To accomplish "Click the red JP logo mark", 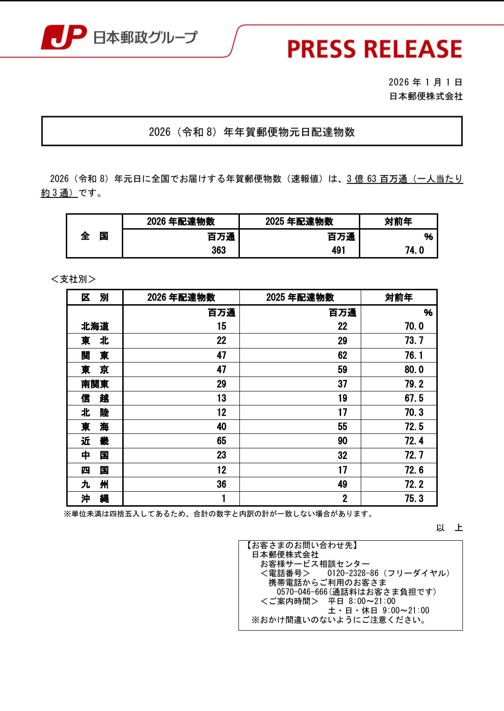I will point(64,37).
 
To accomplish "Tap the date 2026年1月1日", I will point(425,82).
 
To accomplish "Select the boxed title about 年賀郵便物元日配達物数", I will point(252,132).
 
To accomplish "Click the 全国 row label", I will point(94,236).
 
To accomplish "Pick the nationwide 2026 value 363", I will point(218,251).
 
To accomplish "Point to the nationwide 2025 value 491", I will point(338,251).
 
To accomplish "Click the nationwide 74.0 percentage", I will point(414,251).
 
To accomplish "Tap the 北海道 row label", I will point(95,326).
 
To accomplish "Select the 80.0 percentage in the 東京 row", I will point(414,369).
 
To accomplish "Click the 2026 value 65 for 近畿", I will point(221,441).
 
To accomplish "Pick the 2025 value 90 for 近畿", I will point(343,441).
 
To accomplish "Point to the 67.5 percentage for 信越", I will point(414,398).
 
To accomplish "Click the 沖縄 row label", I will point(95,499).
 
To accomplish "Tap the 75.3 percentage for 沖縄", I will point(414,499).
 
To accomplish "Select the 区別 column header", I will point(95,298).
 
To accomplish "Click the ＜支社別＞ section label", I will point(73,279).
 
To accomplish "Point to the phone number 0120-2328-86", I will point(353,573).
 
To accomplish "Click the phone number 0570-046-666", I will point(302,592).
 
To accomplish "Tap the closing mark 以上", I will point(449,528).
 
